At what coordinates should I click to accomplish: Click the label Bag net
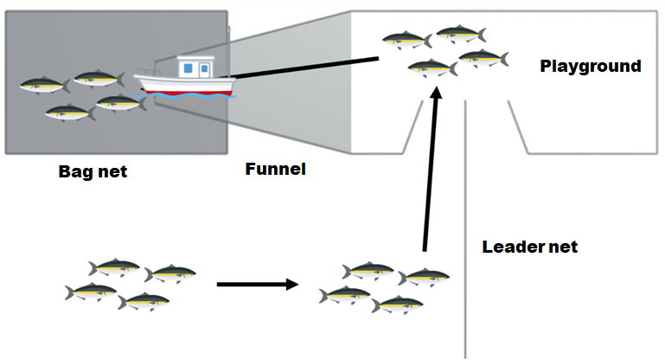[x=93, y=171]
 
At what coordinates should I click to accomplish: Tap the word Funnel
[x=276, y=169]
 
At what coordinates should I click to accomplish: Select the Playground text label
[x=591, y=66]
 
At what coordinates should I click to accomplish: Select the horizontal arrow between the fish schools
[x=257, y=284]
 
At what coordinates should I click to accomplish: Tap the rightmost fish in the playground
[x=483, y=59]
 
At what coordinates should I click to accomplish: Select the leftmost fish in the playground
[x=407, y=39]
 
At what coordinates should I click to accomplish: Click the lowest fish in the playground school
[x=432, y=67]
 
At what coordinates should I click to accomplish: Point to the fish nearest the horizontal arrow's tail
[x=169, y=274]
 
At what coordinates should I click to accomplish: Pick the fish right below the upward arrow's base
[x=424, y=277]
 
